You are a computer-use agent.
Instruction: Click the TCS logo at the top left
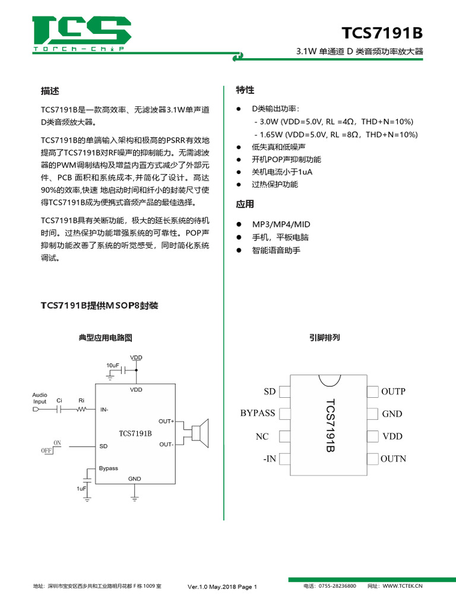[x=81, y=34]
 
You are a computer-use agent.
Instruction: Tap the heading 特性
[x=245, y=90]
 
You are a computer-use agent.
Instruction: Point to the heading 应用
[x=245, y=204]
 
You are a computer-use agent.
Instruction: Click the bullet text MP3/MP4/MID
[x=281, y=224]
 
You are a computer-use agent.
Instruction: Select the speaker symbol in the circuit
[x=201, y=432]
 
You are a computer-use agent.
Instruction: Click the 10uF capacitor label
[x=113, y=364]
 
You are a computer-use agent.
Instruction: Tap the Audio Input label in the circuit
[x=40, y=398]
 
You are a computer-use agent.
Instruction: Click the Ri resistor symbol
[x=81, y=409]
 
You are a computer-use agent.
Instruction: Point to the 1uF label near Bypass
[x=81, y=488]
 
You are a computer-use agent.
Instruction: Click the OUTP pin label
[x=393, y=391]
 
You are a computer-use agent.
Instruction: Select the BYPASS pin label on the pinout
[x=258, y=413]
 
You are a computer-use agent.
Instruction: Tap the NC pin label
[x=262, y=436]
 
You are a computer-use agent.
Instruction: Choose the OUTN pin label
[x=393, y=459]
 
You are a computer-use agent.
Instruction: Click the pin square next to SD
[x=284, y=392]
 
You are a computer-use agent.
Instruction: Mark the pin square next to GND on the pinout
[x=372, y=414]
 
